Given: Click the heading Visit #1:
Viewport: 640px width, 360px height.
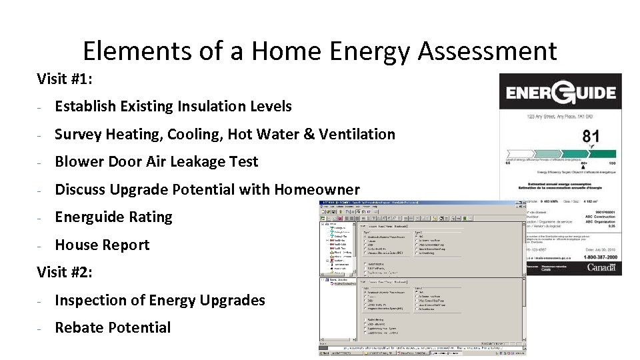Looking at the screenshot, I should [x=65, y=79].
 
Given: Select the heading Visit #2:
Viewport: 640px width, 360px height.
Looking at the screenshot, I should [x=65, y=272].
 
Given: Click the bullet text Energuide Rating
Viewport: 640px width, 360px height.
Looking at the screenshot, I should [x=113, y=217].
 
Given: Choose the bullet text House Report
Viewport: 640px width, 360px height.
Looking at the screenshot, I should [x=102, y=245].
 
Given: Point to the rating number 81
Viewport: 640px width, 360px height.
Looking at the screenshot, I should [x=590, y=137].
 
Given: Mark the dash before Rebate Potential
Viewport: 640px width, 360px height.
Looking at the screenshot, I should [x=40, y=328].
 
